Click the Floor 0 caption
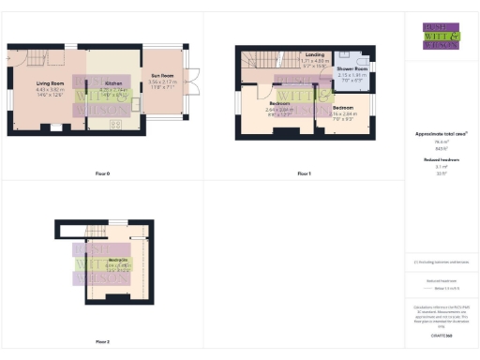click(102, 173)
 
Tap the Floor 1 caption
click(303, 173)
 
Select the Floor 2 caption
click(102, 341)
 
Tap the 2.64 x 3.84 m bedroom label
click(279, 104)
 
